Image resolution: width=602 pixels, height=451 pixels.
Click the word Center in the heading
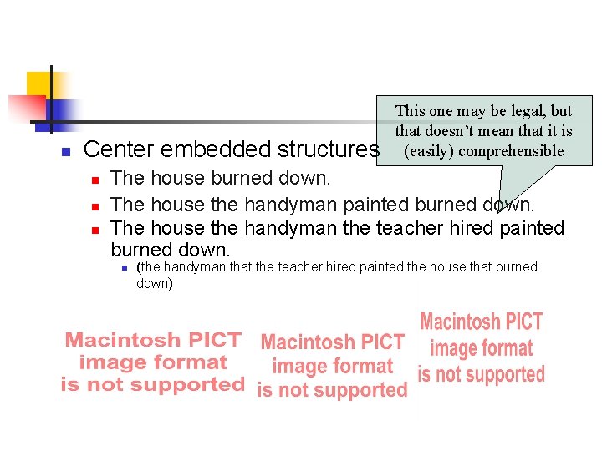click(x=119, y=150)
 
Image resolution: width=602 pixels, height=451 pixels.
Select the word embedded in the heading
click(x=216, y=150)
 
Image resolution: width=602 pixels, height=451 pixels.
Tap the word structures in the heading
click(x=329, y=150)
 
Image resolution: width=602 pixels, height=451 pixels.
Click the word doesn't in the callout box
click(x=450, y=131)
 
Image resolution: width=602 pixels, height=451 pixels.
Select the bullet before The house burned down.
click(x=95, y=180)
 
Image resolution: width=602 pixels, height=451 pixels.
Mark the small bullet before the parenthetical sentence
click(x=122, y=268)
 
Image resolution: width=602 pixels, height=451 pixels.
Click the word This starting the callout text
click(x=411, y=111)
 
